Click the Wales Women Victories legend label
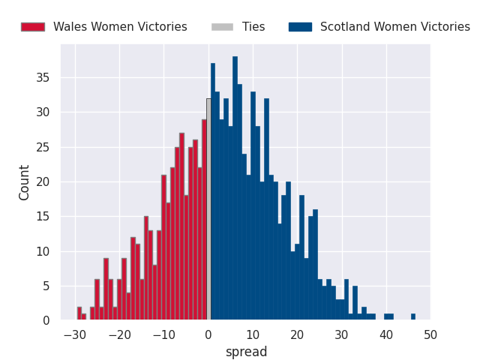(120, 27)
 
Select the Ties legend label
(253, 27)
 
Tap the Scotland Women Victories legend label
(394, 27)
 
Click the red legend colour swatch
(32, 27)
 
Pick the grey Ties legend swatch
(221, 27)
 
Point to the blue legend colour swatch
(300, 27)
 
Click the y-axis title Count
(25, 182)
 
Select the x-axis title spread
(246, 352)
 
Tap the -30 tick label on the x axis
(73, 334)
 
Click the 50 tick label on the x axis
(430, 334)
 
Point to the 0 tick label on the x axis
(208, 334)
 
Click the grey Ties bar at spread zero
(208, 210)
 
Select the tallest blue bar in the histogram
(235, 187)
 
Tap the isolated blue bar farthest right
(413, 317)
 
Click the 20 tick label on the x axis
(297, 334)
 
